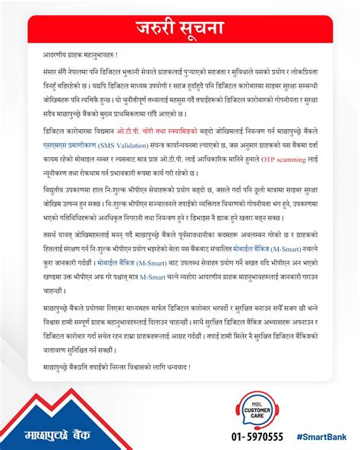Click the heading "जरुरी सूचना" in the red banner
tap(180, 29)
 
